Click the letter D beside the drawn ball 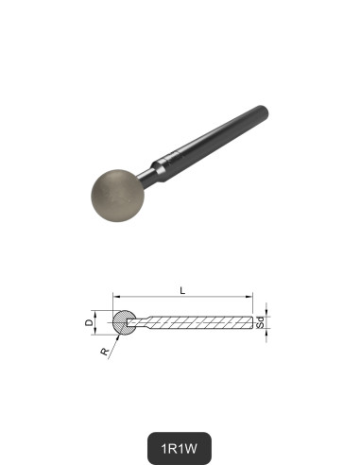tap(90, 323)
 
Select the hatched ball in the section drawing tap(124, 322)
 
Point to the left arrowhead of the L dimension tap(116, 294)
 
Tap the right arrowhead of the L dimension tap(253, 294)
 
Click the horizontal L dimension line tap(184, 294)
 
